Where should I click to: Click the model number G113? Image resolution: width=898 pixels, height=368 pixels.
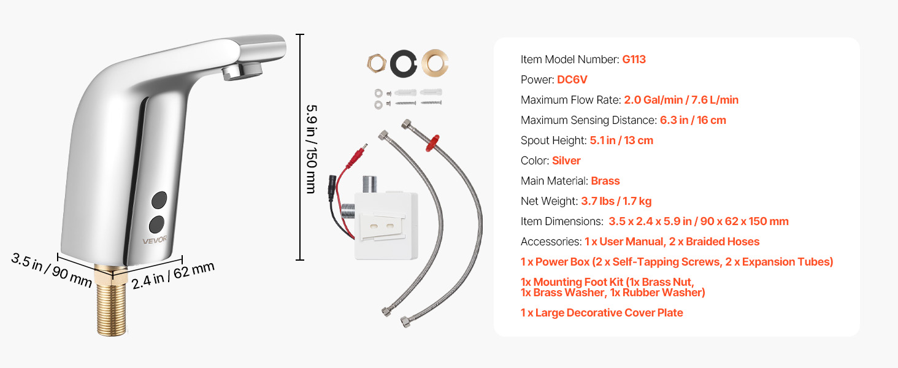click(x=634, y=59)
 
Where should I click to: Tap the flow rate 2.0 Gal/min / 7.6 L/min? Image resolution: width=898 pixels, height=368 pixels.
click(x=681, y=100)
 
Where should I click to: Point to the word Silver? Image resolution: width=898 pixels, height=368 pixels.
click(x=566, y=161)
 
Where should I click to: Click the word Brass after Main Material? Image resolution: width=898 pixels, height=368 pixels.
click(x=605, y=181)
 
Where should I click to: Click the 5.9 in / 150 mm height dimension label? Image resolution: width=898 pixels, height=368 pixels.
click(x=311, y=148)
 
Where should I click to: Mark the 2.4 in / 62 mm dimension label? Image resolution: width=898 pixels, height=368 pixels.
click(x=174, y=275)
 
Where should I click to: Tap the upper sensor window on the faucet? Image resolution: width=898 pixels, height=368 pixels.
click(x=158, y=199)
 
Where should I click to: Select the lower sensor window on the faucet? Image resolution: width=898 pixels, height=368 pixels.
click(x=158, y=222)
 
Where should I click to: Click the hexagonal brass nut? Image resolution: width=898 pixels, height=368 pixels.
click(x=375, y=63)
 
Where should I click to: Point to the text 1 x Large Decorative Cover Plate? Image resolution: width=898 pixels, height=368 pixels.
click(x=602, y=313)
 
